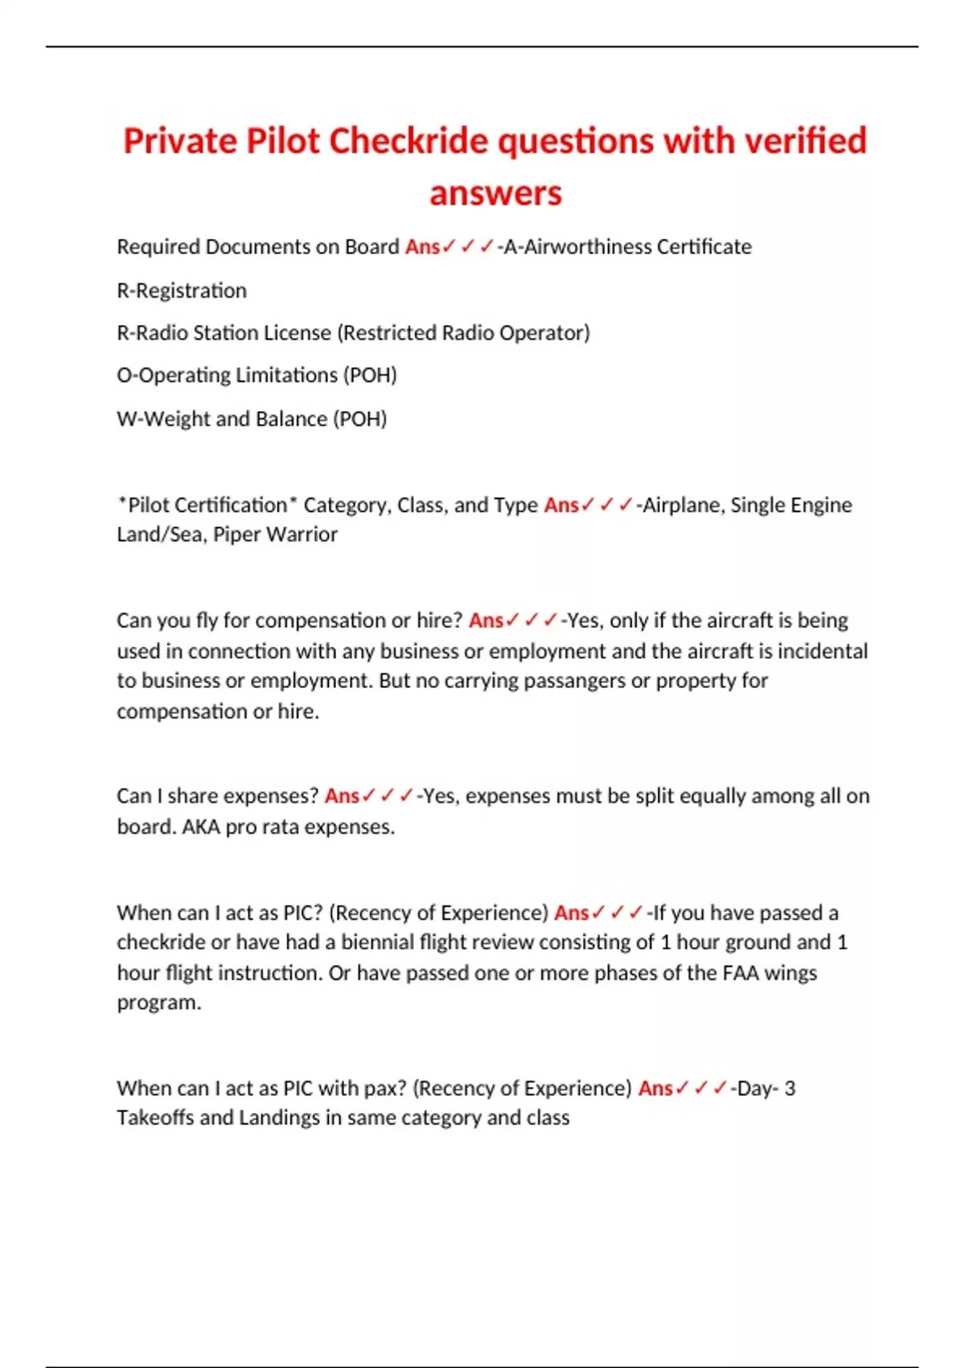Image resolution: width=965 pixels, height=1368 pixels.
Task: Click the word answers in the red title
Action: click(x=495, y=193)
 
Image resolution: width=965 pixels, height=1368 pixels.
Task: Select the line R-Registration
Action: click(x=182, y=290)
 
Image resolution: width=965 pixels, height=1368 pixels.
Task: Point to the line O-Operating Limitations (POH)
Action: click(x=257, y=375)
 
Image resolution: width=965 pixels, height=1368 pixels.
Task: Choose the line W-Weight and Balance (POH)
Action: click(x=252, y=418)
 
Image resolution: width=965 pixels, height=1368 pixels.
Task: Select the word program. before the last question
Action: click(x=158, y=1003)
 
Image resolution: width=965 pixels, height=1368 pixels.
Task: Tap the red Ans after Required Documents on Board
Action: click(x=421, y=246)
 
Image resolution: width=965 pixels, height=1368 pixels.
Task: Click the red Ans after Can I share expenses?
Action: click(x=341, y=796)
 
